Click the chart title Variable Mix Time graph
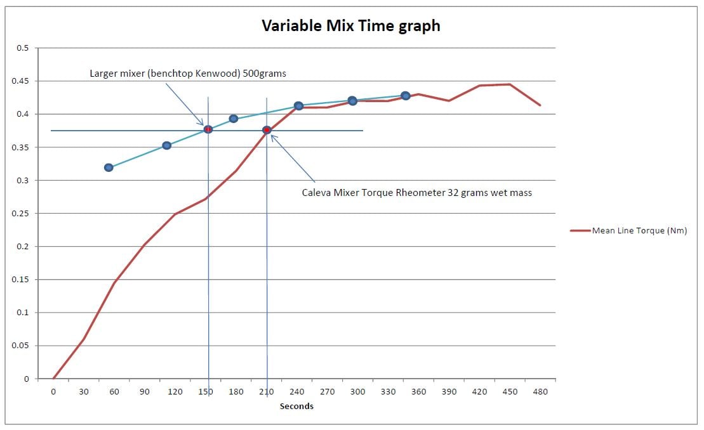tap(351, 26)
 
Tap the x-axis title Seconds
tap(296, 407)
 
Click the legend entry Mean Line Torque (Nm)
tap(639, 231)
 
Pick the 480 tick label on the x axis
tap(540, 392)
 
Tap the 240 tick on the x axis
tap(296, 392)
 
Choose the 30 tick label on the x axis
tap(83, 392)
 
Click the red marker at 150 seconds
tap(208, 129)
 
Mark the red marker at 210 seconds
tap(267, 130)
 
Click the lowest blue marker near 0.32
tap(109, 167)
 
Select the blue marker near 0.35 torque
tap(166, 145)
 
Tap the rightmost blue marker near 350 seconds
tap(405, 96)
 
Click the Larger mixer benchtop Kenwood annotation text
tap(188, 74)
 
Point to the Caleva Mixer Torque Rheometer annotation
tap(416, 193)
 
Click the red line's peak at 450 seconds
tap(510, 84)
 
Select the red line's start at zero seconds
tap(53, 379)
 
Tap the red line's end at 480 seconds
tap(540, 105)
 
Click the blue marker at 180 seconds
tap(233, 119)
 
